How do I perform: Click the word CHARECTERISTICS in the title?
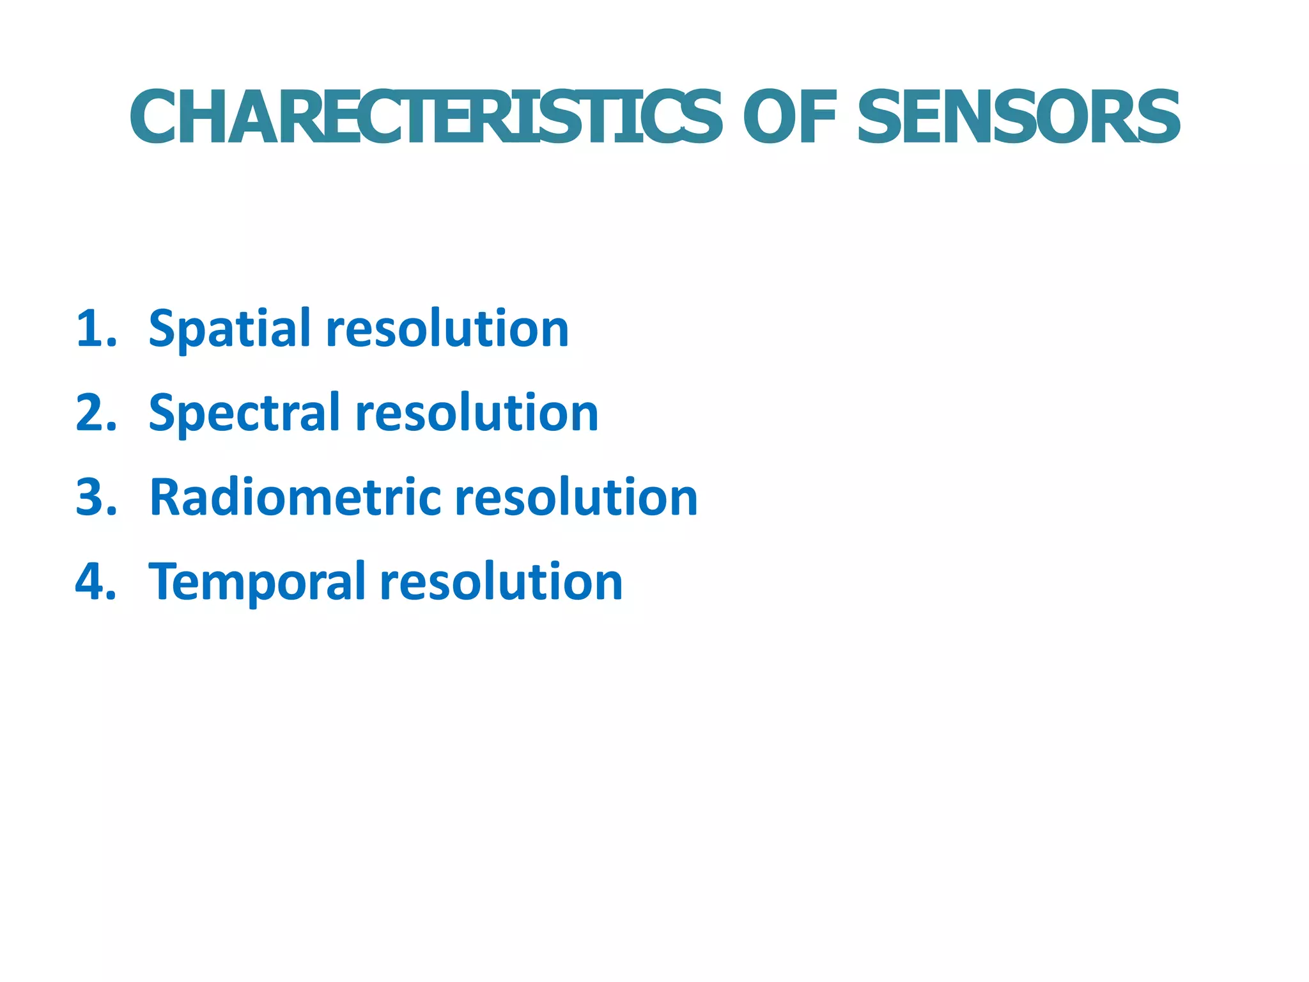click(x=426, y=118)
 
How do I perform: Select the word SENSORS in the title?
click(x=1018, y=118)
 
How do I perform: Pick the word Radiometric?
click(x=295, y=497)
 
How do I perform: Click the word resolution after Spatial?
click(x=447, y=329)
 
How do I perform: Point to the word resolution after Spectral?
click(x=477, y=413)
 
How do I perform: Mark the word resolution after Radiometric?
click(x=576, y=497)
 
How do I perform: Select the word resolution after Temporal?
click(x=501, y=582)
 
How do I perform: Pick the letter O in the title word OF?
click(x=771, y=118)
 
